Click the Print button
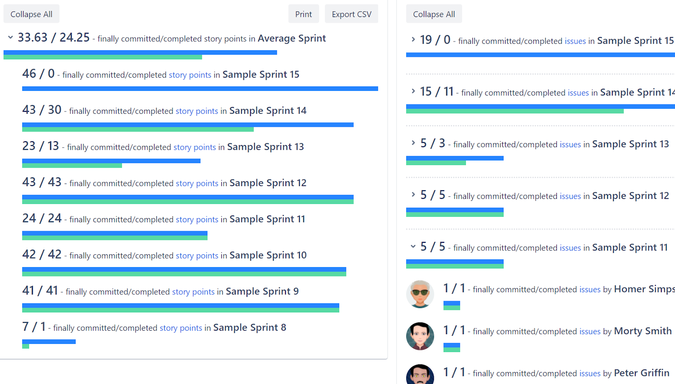point(303,14)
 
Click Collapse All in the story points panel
point(31,14)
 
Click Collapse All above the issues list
point(434,14)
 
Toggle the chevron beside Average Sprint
point(10,38)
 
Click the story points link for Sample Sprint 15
point(190,75)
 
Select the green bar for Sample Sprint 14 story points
point(137,129)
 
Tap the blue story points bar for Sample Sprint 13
point(111,161)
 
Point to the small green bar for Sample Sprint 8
point(26,346)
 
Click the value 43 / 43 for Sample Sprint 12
point(42,182)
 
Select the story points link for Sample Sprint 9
point(193,292)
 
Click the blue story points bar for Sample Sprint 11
point(114,233)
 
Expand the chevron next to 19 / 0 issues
point(413,40)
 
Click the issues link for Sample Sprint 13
point(570,145)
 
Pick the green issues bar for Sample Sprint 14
point(514,111)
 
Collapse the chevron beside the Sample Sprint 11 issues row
point(413,246)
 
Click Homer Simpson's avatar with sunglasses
point(420,294)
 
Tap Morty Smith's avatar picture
point(420,336)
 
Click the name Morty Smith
point(643,331)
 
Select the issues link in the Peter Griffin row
point(590,374)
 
